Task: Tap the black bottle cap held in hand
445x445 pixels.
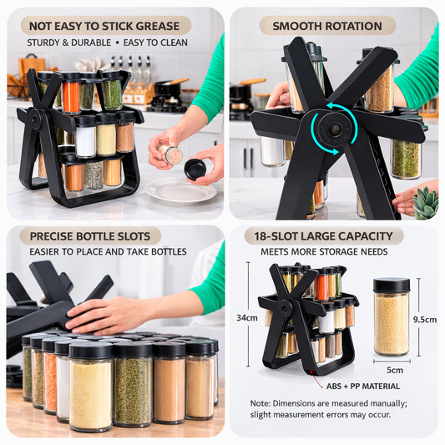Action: (x=195, y=169)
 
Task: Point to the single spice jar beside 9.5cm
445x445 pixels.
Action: (x=391, y=317)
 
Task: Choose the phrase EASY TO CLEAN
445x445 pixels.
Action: (x=158, y=43)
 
